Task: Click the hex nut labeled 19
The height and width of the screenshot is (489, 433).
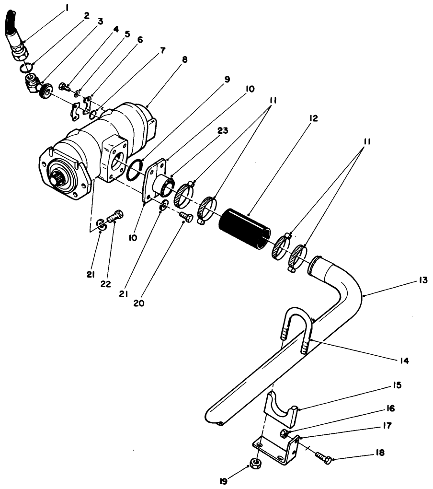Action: pos(256,464)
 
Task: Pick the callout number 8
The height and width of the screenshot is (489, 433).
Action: pos(185,59)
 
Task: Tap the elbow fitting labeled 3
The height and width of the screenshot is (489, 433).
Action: pos(34,87)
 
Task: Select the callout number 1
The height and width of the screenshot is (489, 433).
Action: pos(68,8)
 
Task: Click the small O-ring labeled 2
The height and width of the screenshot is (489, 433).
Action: pos(25,68)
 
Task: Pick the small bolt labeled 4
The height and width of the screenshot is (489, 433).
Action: pos(64,87)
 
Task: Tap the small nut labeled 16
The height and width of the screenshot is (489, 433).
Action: pos(284,434)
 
